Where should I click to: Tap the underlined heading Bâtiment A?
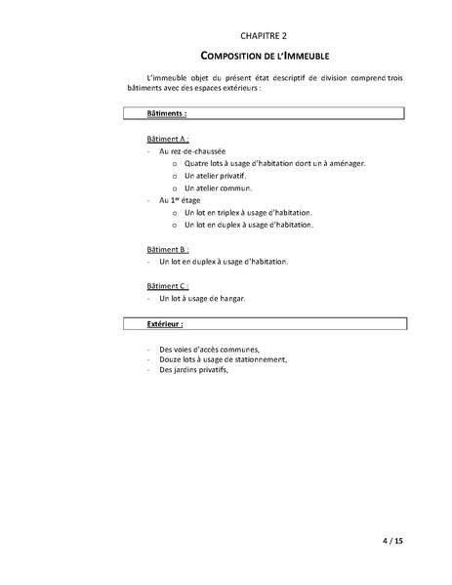click(167, 139)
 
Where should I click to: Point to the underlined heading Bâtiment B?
click(167, 249)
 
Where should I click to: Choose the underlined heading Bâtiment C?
click(167, 286)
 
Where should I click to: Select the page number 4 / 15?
click(388, 540)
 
